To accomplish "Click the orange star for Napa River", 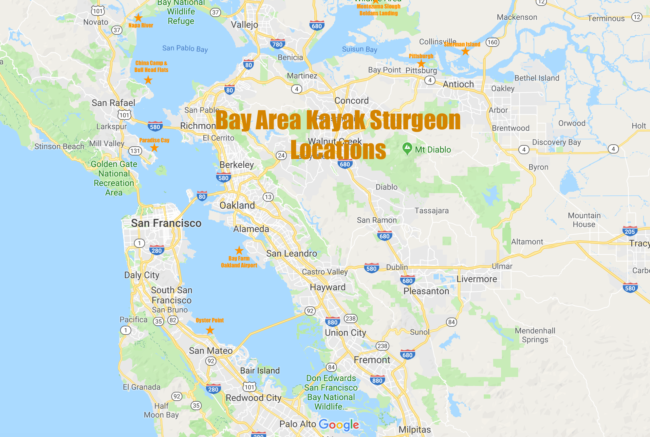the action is pyautogui.click(x=139, y=18).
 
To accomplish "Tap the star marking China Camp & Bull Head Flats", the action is pyautogui.click(x=148, y=80).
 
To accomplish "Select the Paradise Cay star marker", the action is pyautogui.click(x=154, y=148).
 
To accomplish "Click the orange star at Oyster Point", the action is pyautogui.click(x=210, y=330).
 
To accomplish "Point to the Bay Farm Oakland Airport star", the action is pyautogui.click(x=239, y=250).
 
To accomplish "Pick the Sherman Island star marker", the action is pyautogui.click(x=465, y=51).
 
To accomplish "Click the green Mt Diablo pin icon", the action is pyautogui.click(x=407, y=149).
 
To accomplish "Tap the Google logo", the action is pyautogui.click(x=339, y=425).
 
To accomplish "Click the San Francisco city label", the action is pyautogui.click(x=166, y=223).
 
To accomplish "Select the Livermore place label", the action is pyautogui.click(x=477, y=279).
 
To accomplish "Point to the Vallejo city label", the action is pyautogui.click(x=244, y=25).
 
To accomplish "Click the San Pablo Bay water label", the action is pyautogui.click(x=185, y=48).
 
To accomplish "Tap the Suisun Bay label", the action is pyautogui.click(x=360, y=49).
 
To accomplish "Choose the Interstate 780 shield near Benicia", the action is pyautogui.click(x=277, y=44).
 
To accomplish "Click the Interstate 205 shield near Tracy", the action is pyautogui.click(x=630, y=231).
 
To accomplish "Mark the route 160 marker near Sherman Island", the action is pyautogui.click(x=492, y=42).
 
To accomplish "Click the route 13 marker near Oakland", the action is pyautogui.click(x=268, y=197).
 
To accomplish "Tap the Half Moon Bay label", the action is pyautogui.click(x=161, y=410).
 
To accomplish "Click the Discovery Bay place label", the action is pyautogui.click(x=556, y=142).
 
